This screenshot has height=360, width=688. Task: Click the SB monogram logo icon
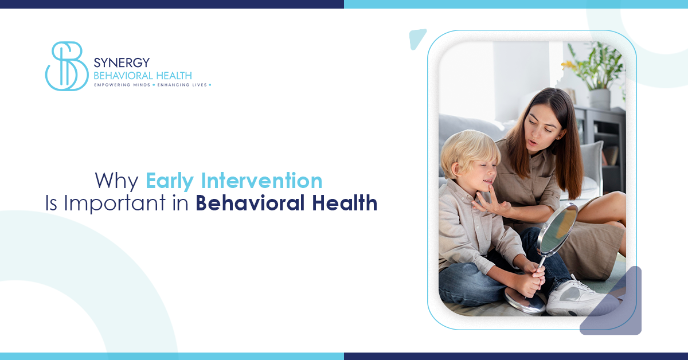click(66, 66)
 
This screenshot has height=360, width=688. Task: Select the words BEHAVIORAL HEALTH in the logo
click(142, 75)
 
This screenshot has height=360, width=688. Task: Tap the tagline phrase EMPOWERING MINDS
click(122, 85)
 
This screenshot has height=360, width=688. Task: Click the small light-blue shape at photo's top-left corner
click(417, 38)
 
